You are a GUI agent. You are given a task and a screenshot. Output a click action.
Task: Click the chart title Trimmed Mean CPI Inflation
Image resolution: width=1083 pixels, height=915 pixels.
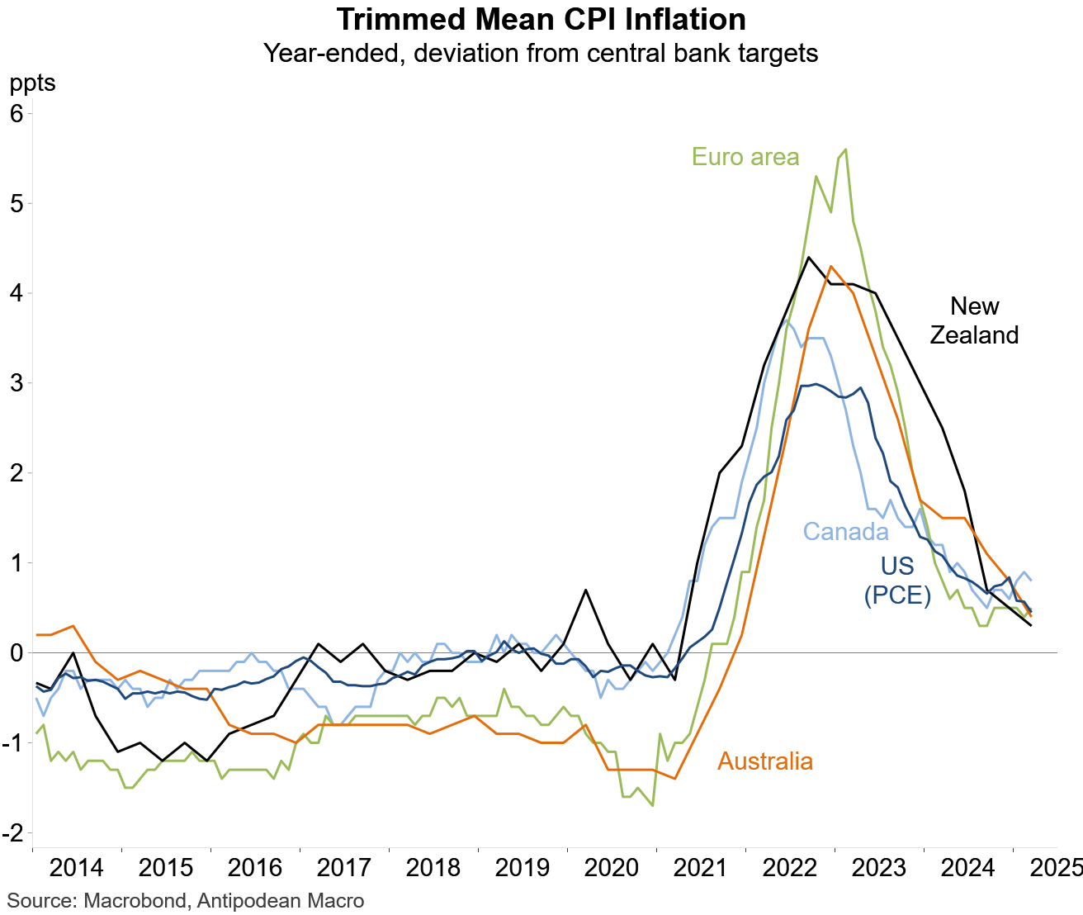point(541,20)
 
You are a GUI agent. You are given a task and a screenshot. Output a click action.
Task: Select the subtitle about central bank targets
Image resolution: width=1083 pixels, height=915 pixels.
point(541,54)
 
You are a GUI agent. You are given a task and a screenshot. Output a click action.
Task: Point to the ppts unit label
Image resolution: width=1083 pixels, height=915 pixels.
point(32,83)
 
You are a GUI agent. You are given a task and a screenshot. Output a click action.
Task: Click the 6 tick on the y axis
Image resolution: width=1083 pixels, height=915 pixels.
point(17,113)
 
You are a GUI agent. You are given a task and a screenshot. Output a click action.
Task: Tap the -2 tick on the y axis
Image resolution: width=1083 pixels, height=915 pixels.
point(14,832)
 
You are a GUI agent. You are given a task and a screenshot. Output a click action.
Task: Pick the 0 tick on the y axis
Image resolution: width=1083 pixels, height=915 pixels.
point(17,653)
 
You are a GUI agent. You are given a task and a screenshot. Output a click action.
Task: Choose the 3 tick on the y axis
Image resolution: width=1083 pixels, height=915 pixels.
point(17,383)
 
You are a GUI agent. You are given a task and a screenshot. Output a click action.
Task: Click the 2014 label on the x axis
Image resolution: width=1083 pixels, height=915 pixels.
point(77,868)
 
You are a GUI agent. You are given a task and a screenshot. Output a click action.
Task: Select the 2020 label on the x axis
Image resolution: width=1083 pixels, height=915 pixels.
point(612,868)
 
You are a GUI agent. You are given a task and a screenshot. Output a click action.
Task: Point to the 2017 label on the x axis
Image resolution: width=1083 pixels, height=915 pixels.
point(344,868)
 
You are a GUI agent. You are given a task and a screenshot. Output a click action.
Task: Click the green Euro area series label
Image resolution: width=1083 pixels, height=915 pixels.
point(745,157)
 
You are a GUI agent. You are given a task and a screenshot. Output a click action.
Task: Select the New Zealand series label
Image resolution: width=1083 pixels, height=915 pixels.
point(974,320)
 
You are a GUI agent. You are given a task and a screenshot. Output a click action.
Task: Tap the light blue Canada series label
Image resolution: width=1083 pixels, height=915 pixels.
point(846,531)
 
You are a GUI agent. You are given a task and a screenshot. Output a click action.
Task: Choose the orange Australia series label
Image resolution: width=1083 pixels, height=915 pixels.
point(765,761)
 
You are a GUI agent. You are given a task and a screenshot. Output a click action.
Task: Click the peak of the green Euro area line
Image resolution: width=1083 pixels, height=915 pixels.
point(846,149)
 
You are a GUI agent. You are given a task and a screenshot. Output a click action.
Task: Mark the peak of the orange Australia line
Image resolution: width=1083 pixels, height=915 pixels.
point(830,266)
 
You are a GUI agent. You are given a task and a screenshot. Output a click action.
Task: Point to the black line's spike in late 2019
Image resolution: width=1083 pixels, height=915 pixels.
point(585,590)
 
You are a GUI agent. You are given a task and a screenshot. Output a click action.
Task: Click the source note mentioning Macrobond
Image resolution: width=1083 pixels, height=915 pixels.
point(186,900)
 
